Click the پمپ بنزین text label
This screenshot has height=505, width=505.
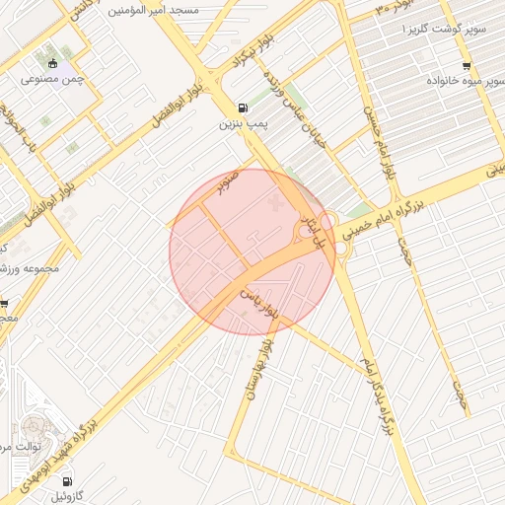(x=244, y=124)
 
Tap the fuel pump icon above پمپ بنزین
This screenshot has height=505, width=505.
(x=244, y=109)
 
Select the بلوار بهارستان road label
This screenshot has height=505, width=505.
(x=271, y=359)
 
